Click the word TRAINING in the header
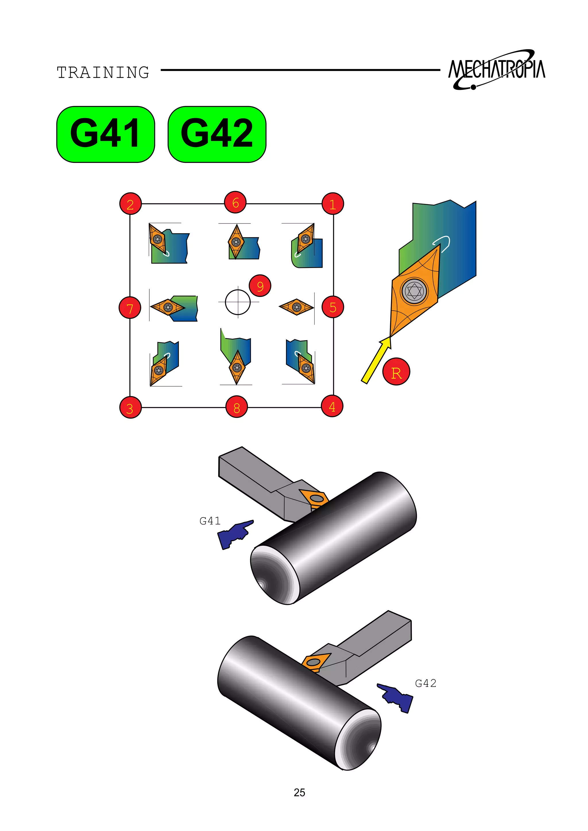point(103,72)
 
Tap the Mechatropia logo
point(496,70)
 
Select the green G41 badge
point(105,134)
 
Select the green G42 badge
point(217,134)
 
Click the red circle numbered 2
point(130,204)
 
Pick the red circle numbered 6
point(235,203)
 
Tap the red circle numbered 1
point(333,204)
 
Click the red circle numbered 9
point(260,286)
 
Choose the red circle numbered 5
point(333,307)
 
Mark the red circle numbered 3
point(130,408)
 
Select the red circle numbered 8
point(236,407)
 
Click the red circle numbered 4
point(332,406)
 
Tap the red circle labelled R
point(396,372)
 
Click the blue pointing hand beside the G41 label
point(235,534)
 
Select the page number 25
point(299,793)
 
